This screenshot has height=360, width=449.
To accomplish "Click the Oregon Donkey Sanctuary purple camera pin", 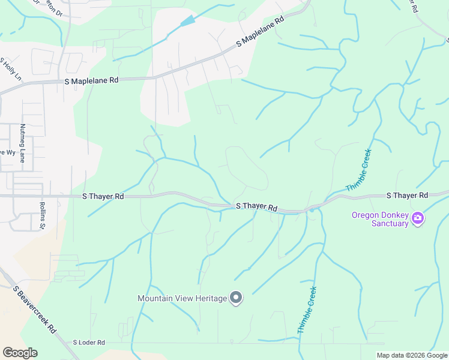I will click(x=418, y=219).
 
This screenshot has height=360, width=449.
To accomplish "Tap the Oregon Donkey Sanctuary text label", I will click(x=381, y=219).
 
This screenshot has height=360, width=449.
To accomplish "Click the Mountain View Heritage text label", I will click(x=182, y=298).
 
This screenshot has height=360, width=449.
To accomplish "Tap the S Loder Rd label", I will click(x=89, y=343).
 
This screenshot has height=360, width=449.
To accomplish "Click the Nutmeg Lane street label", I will click(x=22, y=143).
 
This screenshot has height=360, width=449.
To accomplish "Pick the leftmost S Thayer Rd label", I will click(x=103, y=196).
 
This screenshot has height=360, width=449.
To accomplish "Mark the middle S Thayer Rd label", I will click(x=256, y=206).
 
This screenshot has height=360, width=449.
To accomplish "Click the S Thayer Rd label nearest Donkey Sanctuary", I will click(x=407, y=196).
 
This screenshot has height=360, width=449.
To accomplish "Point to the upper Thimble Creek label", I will click(x=359, y=170).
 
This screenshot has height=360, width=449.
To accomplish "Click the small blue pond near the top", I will click(x=188, y=21).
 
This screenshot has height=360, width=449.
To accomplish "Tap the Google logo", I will click(x=20, y=353).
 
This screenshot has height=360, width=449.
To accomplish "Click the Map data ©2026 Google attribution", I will click(x=411, y=355).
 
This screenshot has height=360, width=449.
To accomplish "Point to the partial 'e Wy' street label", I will click(x=7, y=152).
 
